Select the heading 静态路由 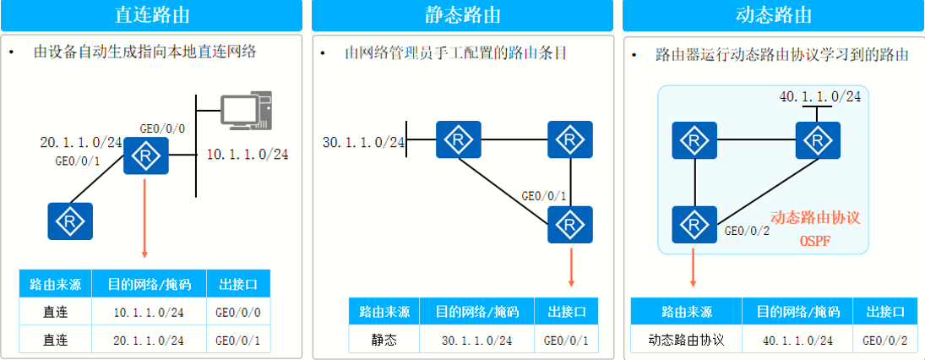(x=462, y=14)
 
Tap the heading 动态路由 (x=773, y=14)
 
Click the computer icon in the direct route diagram (x=246, y=113)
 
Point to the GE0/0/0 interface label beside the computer (x=162, y=128)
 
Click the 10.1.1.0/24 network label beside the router (x=248, y=155)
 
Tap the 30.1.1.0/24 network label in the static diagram (x=364, y=141)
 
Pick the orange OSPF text (x=815, y=242)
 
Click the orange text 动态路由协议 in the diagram (x=815, y=218)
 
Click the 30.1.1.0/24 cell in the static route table (x=477, y=341)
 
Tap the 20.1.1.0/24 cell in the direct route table (x=149, y=341)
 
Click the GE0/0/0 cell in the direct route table (x=237, y=313)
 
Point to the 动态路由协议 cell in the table (x=686, y=341)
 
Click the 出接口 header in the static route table (x=566, y=312)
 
